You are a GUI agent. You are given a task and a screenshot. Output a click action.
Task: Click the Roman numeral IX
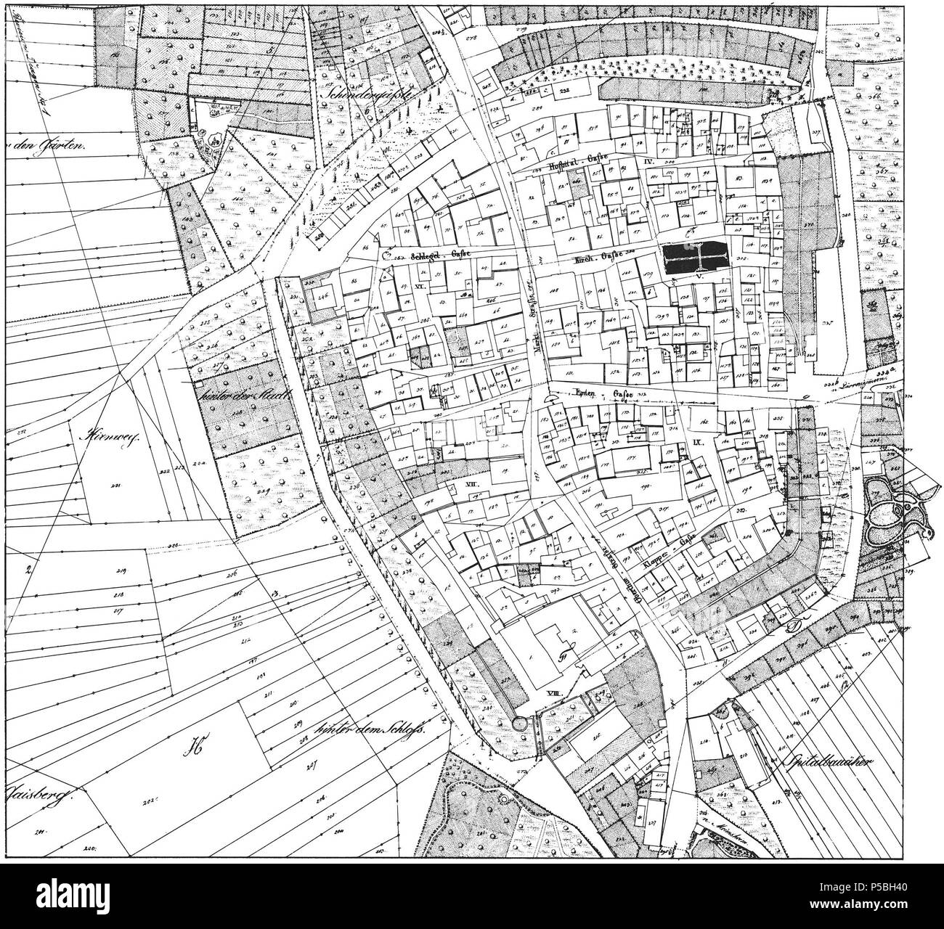694,441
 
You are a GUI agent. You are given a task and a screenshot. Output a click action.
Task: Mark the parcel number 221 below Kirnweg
115,486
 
